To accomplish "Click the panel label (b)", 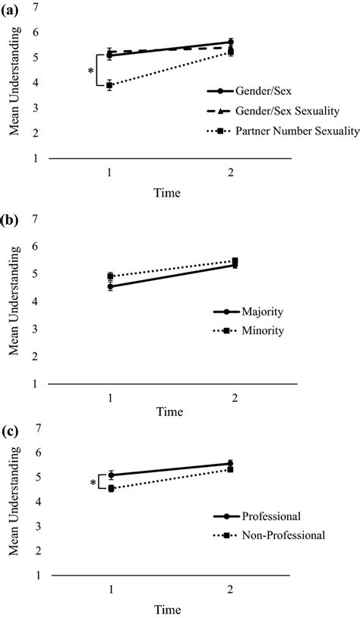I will (11, 222).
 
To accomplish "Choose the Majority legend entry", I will (261, 312).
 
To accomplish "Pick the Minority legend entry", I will (262, 331).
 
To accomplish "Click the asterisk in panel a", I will (92, 71).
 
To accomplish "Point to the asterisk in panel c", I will (93, 483).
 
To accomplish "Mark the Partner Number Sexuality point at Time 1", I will (110, 85).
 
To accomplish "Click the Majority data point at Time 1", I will (110, 286).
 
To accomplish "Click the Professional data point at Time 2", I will (230, 463).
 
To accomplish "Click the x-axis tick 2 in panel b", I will (230, 397).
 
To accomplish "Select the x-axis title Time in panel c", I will (169, 610).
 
